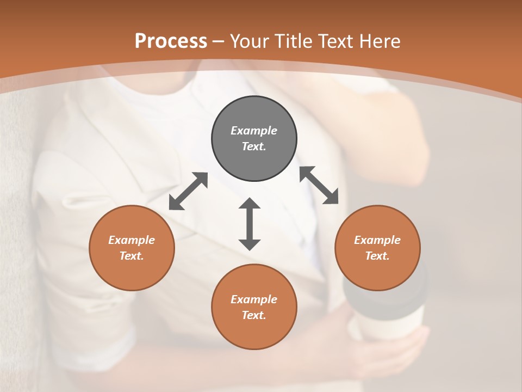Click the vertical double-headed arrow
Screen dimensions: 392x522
point(250,224)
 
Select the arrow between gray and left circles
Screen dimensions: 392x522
point(188,191)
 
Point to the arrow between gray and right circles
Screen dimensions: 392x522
point(319,185)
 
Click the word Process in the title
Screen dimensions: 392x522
point(171,41)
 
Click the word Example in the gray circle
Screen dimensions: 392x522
point(254,131)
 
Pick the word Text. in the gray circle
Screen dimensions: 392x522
point(254,146)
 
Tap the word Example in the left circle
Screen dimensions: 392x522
point(132,240)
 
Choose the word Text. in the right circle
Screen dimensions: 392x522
point(377,256)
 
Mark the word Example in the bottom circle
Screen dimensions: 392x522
point(254,299)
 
